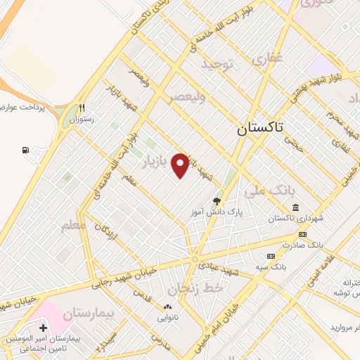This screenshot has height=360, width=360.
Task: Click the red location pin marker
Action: point(181,165)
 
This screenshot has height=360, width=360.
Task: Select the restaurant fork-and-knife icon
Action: point(82,108)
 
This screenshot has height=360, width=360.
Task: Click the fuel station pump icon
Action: point(26,150)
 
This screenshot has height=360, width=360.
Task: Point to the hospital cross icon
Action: point(44,328)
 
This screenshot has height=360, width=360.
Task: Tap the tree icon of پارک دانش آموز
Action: point(217,201)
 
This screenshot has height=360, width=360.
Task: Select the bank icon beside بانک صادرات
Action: point(302,234)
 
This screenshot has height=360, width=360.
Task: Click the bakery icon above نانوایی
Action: point(167,307)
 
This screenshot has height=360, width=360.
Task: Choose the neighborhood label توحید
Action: point(217,65)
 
